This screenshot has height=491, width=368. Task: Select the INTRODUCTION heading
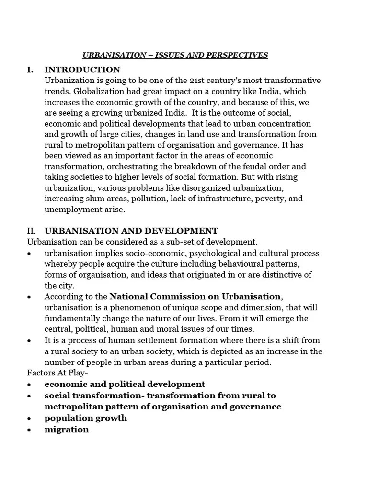click(x=82, y=70)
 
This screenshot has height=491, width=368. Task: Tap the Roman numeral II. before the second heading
click(x=31, y=231)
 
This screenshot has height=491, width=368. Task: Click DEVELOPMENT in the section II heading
click(x=178, y=231)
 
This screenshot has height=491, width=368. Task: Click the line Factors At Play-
click(x=55, y=373)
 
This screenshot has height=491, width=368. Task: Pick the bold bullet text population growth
click(x=86, y=418)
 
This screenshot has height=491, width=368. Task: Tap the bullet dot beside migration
click(x=30, y=430)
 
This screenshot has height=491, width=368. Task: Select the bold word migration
click(x=67, y=429)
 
